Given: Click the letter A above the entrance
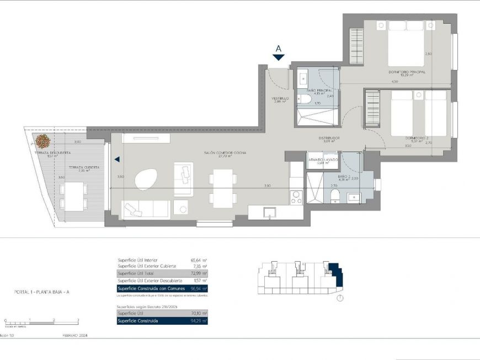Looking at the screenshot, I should point(279,48).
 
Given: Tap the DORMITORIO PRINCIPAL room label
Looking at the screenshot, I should point(407,72).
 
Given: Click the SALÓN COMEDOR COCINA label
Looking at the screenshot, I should point(225,152).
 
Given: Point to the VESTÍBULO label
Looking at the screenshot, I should point(280,99).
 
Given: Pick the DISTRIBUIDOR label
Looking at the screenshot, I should point(329,138).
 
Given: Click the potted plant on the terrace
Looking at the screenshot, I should point(43,140).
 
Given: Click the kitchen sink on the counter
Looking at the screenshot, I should point(269,212).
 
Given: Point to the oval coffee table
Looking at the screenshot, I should point(146,178).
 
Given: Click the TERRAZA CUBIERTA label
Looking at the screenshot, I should point(84,167).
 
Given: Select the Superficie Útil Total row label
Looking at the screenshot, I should point(135,273).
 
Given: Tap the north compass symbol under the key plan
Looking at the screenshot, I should point(340,299).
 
